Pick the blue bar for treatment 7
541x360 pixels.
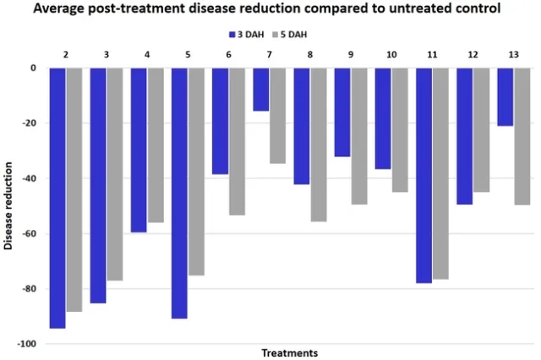(260, 89)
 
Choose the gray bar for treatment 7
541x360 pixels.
(277, 115)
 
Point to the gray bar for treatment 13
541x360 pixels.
(522, 136)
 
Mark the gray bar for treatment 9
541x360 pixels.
(358, 135)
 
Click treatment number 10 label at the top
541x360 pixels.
(391, 55)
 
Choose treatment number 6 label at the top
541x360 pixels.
(228, 55)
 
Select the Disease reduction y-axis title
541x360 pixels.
(8, 205)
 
